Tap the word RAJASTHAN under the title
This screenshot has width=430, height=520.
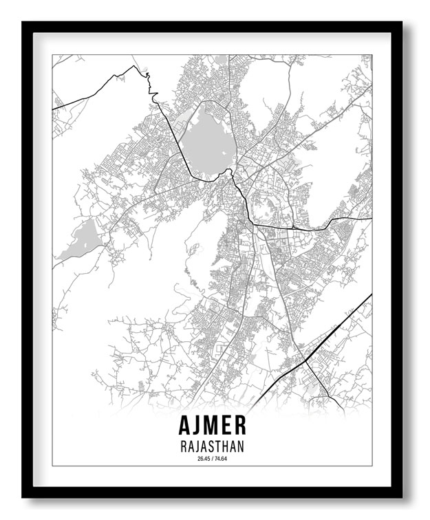click(x=212, y=446)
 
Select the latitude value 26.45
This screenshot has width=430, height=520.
click(x=203, y=459)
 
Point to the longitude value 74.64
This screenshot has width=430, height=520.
click(x=220, y=459)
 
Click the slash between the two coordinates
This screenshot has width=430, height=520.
click(x=212, y=459)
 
